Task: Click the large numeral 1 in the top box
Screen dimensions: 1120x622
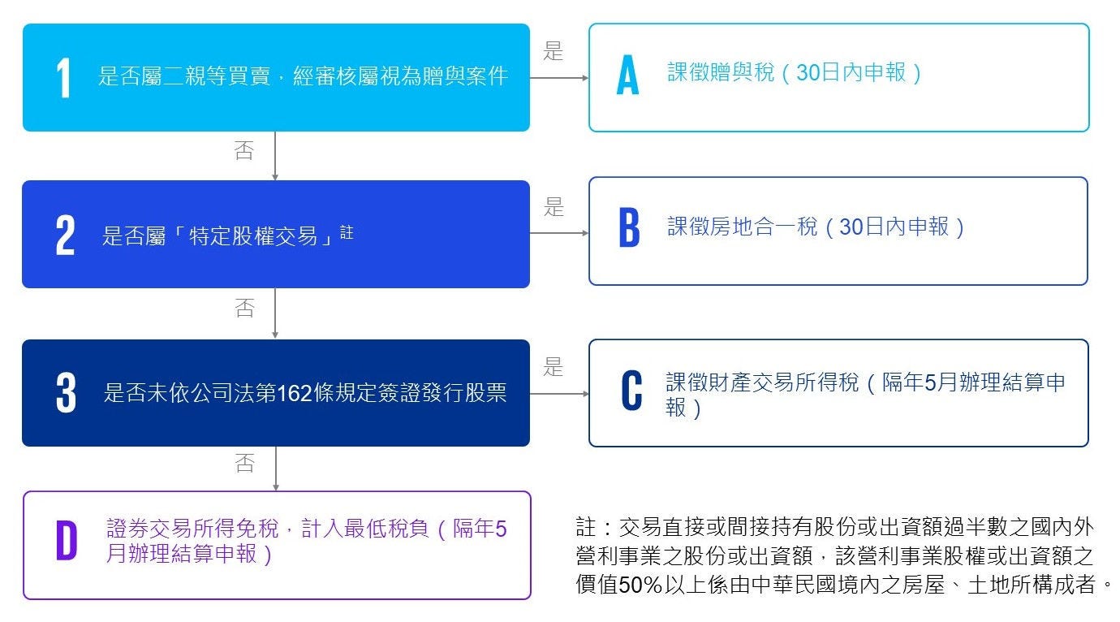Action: (63, 77)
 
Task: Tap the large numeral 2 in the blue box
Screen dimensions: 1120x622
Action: (66, 235)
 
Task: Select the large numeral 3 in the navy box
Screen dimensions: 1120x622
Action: (66, 392)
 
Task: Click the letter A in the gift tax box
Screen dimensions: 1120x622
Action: (627, 75)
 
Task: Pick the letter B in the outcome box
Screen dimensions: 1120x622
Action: (629, 227)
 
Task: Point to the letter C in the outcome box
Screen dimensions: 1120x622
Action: (631, 391)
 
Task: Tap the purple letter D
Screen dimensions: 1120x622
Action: (67, 541)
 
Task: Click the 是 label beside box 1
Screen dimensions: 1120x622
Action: (553, 51)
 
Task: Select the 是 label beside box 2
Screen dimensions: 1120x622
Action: (554, 207)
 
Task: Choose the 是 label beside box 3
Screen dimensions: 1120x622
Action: (553, 367)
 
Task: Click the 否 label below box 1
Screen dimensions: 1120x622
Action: (244, 150)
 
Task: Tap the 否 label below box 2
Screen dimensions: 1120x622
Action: (244, 308)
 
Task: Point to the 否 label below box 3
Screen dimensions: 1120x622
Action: (244, 463)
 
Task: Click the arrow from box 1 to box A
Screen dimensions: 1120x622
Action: (559, 78)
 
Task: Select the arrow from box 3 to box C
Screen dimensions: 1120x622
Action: (559, 394)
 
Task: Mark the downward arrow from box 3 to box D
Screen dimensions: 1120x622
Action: (275, 469)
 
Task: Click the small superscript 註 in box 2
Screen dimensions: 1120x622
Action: (347, 232)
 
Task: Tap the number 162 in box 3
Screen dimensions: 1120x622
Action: (295, 393)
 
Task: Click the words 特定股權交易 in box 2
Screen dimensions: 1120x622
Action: (253, 236)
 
